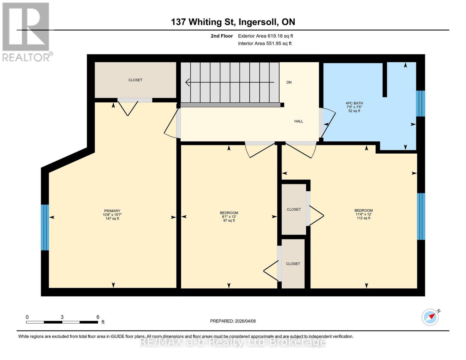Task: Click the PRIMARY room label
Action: click(x=112, y=211)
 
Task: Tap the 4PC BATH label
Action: click(x=354, y=103)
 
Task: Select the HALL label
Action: click(x=299, y=121)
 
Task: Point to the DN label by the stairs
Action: click(x=289, y=82)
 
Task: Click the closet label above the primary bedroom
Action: click(x=135, y=80)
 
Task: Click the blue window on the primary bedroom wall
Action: click(x=45, y=227)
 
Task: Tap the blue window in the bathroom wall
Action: click(x=420, y=103)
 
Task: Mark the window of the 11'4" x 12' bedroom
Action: click(x=421, y=216)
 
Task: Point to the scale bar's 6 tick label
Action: click(x=98, y=317)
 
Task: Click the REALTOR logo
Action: click(x=26, y=31)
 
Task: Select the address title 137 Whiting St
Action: click(x=233, y=22)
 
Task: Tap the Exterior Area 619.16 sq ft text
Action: click(x=265, y=36)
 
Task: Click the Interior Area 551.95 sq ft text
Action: click(x=265, y=43)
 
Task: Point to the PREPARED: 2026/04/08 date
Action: click(x=233, y=321)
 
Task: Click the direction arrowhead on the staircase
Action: click(x=188, y=82)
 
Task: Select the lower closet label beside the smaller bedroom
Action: click(x=293, y=264)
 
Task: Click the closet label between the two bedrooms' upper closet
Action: click(x=293, y=209)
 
